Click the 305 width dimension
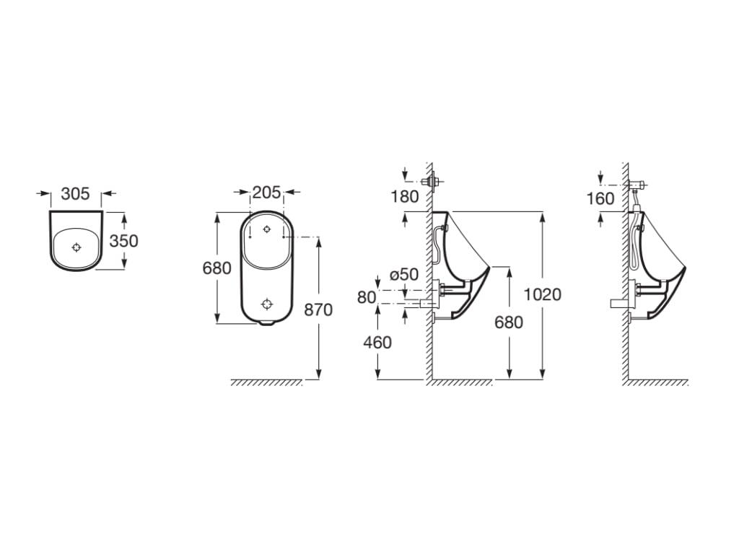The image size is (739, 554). (75, 194)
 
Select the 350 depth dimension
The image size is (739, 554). (123, 240)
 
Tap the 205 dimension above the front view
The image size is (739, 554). (266, 193)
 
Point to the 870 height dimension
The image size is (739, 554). (318, 309)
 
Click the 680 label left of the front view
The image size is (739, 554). (217, 268)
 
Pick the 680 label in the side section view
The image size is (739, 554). (509, 322)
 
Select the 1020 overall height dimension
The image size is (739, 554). (543, 294)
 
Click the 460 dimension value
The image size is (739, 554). (377, 343)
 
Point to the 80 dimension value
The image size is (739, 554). (367, 296)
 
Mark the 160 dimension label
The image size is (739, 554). (600, 198)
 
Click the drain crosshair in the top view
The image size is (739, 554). (76, 247)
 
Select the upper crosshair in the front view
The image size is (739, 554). (267, 229)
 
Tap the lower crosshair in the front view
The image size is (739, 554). (267, 304)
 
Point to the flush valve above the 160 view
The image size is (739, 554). (636, 185)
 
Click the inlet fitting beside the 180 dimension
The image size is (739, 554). (433, 181)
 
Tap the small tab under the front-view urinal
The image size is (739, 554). (266, 323)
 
